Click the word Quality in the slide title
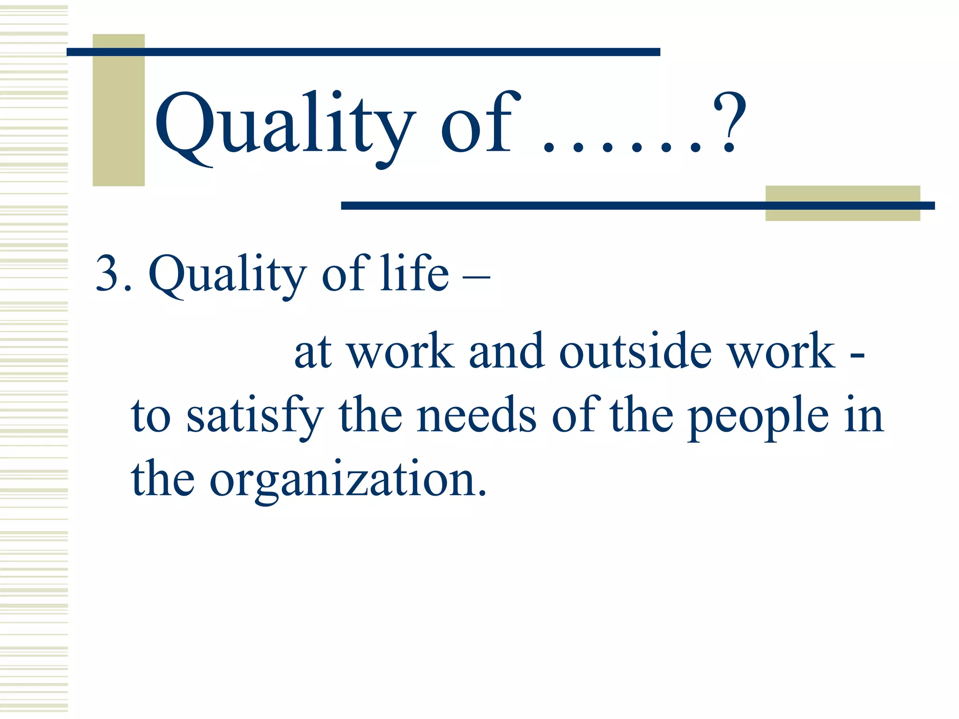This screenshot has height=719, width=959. point(284,125)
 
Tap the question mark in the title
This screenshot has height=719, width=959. point(729,123)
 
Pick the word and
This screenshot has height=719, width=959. point(506,351)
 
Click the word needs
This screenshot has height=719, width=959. point(476,415)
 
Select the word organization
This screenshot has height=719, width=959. point(348,479)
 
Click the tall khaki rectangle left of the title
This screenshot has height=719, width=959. point(118,117)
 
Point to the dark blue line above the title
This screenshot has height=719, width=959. point(363,52)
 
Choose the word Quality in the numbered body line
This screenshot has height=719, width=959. point(228,274)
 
